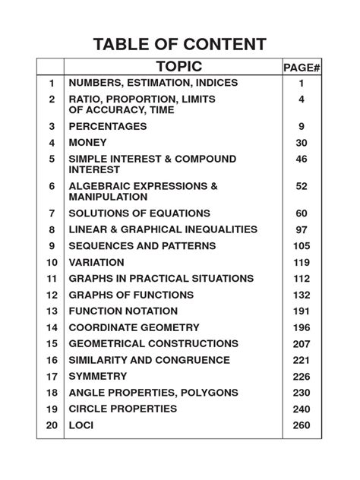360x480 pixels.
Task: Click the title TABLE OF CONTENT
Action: tap(180, 43)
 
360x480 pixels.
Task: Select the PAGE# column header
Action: tap(302, 68)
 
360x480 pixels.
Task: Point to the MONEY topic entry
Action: tap(88, 143)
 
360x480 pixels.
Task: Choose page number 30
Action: tap(302, 143)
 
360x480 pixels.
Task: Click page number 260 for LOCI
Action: tap(302, 425)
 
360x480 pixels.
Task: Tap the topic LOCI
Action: tap(82, 425)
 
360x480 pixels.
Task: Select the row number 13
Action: tap(52, 311)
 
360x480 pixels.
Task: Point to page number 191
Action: tap(302, 311)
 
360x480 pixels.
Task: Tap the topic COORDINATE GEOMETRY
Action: tap(134, 327)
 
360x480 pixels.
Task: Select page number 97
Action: tap(302, 229)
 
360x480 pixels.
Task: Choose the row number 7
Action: tap(52, 213)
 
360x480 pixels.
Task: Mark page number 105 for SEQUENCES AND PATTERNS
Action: tap(302, 246)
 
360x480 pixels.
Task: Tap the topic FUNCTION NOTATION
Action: tap(123, 311)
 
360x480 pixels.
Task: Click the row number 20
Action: tap(52, 425)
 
